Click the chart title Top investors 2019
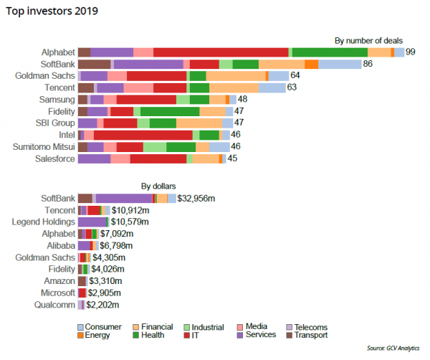point(53,11)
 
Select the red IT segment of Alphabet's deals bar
point(221,52)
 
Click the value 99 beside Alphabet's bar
point(411,52)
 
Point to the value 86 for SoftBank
point(368,64)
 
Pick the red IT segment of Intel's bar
point(143,135)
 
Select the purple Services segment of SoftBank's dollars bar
point(124,199)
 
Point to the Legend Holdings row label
point(44,222)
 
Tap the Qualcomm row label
point(54,305)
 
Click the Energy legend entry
point(96,335)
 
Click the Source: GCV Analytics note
point(395,347)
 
